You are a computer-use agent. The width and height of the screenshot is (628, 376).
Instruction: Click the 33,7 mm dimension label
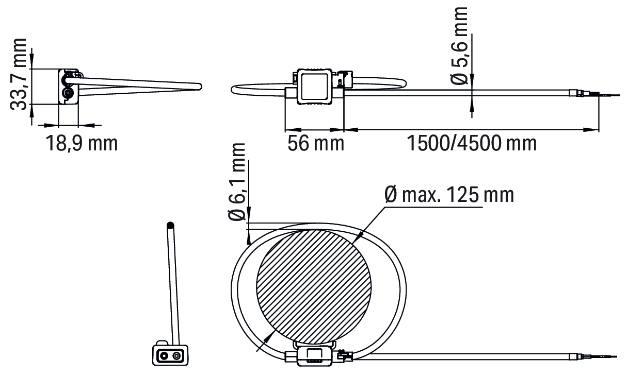pos(18,74)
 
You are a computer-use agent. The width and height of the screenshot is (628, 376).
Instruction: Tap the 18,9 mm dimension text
pos(82,143)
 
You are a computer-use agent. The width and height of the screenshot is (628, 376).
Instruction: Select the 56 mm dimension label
pos(316,143)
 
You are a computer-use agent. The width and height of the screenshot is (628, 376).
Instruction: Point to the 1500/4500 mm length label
pos(472,143)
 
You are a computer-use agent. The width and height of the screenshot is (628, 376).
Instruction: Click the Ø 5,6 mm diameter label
pos(459,46)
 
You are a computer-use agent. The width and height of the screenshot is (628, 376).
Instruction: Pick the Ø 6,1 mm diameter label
pos(237,182)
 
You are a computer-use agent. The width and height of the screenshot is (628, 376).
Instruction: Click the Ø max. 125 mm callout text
pos(449,195)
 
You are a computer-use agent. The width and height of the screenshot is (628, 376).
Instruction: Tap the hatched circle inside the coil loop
pos(314,287)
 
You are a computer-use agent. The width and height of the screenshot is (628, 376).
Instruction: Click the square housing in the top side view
pos(315,87)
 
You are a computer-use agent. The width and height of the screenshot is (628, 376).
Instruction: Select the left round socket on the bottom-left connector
pos(164,356)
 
